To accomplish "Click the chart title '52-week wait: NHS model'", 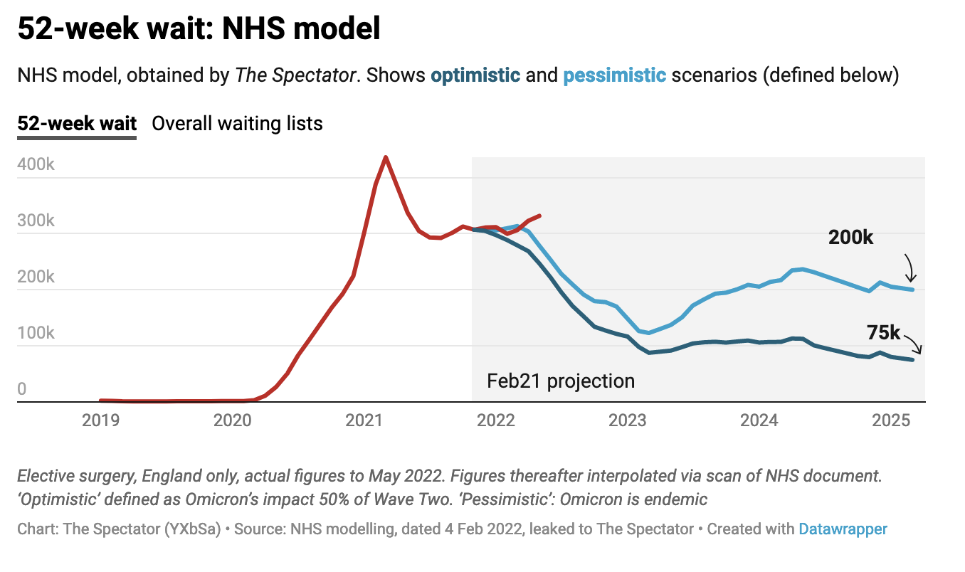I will [x=199, y=29].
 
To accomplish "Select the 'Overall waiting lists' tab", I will [x=237, y=123].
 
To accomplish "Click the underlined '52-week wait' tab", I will [x=77, y=123].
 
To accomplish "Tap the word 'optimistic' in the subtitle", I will [x=475, y=75].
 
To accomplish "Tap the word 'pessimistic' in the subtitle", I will [x=615, y=75].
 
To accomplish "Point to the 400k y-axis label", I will [x=36, y=164].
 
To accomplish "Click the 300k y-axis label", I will [x=36, y=221].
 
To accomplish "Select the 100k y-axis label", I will [x=36, y=333].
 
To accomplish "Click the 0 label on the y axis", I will [x=22, y=389].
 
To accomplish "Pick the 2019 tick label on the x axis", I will [x=101, y=420].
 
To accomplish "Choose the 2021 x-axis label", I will [x=364, y=420].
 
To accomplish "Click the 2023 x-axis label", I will [x=628, y=420].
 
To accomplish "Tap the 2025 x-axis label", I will [x=891, y=420].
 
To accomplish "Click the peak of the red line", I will [x=386, y=157].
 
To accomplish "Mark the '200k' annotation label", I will [x=850, y=238].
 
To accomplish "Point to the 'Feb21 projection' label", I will [x=561, y=381].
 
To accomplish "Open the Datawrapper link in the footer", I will [x=843, y=529].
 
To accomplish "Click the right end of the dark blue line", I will [x=913, y=360].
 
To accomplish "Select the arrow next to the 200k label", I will [x=910, y=268].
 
